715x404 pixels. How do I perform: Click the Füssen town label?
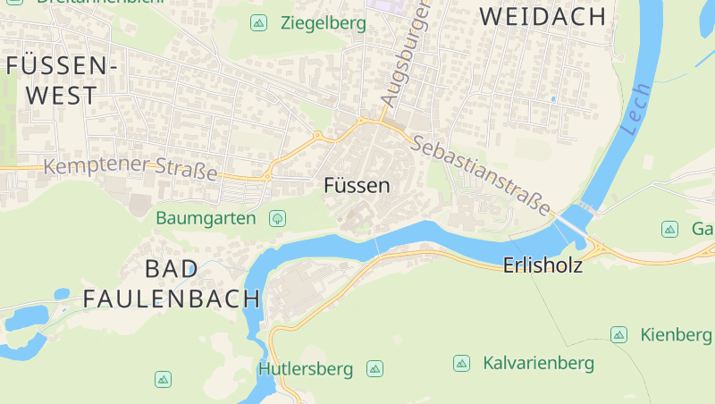tap(357, 186)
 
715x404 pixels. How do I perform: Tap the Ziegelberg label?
tap(323, 23)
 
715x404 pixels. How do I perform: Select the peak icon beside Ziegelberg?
tap(258, 23)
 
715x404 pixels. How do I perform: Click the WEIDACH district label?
tap(543, 16)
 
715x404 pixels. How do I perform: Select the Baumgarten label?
tap(206, 217)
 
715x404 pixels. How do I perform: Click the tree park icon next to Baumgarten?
tap(277, 217)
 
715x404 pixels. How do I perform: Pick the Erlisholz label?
tap(543, 265)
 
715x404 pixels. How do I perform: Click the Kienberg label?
tap(676, 334)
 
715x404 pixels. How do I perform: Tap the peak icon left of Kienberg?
tap(618, 334)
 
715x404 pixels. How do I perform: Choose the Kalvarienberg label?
tap(538, 363)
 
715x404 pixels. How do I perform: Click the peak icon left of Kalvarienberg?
tap(461, 363)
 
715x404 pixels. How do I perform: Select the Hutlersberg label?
tap(306, 368)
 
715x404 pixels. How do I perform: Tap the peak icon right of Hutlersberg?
tap(374, 368)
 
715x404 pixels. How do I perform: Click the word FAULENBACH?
tap(172, 299)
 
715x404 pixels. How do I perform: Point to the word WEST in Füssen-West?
tap(62, 95)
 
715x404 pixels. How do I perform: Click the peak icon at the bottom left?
tap(163, 379)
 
